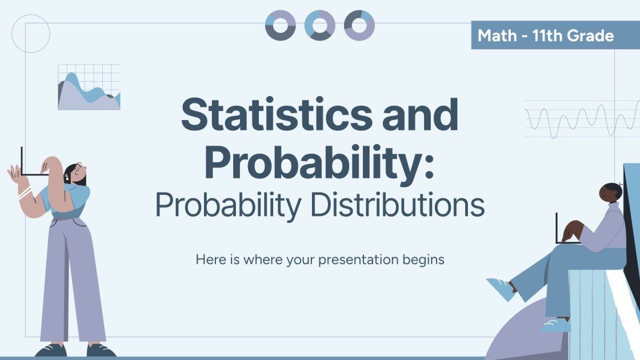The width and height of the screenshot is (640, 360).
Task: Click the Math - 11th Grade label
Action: (546, 36)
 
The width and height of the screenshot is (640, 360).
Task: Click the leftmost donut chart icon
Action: (280, 25)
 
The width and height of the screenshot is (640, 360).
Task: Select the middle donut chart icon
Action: (319, 25)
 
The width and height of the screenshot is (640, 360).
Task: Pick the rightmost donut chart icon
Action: (359, 25)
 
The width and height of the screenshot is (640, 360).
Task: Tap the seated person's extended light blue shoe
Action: (501, 289)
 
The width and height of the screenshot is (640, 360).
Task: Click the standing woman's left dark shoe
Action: (50, 350)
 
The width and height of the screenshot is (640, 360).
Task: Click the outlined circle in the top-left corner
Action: (31, 34)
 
